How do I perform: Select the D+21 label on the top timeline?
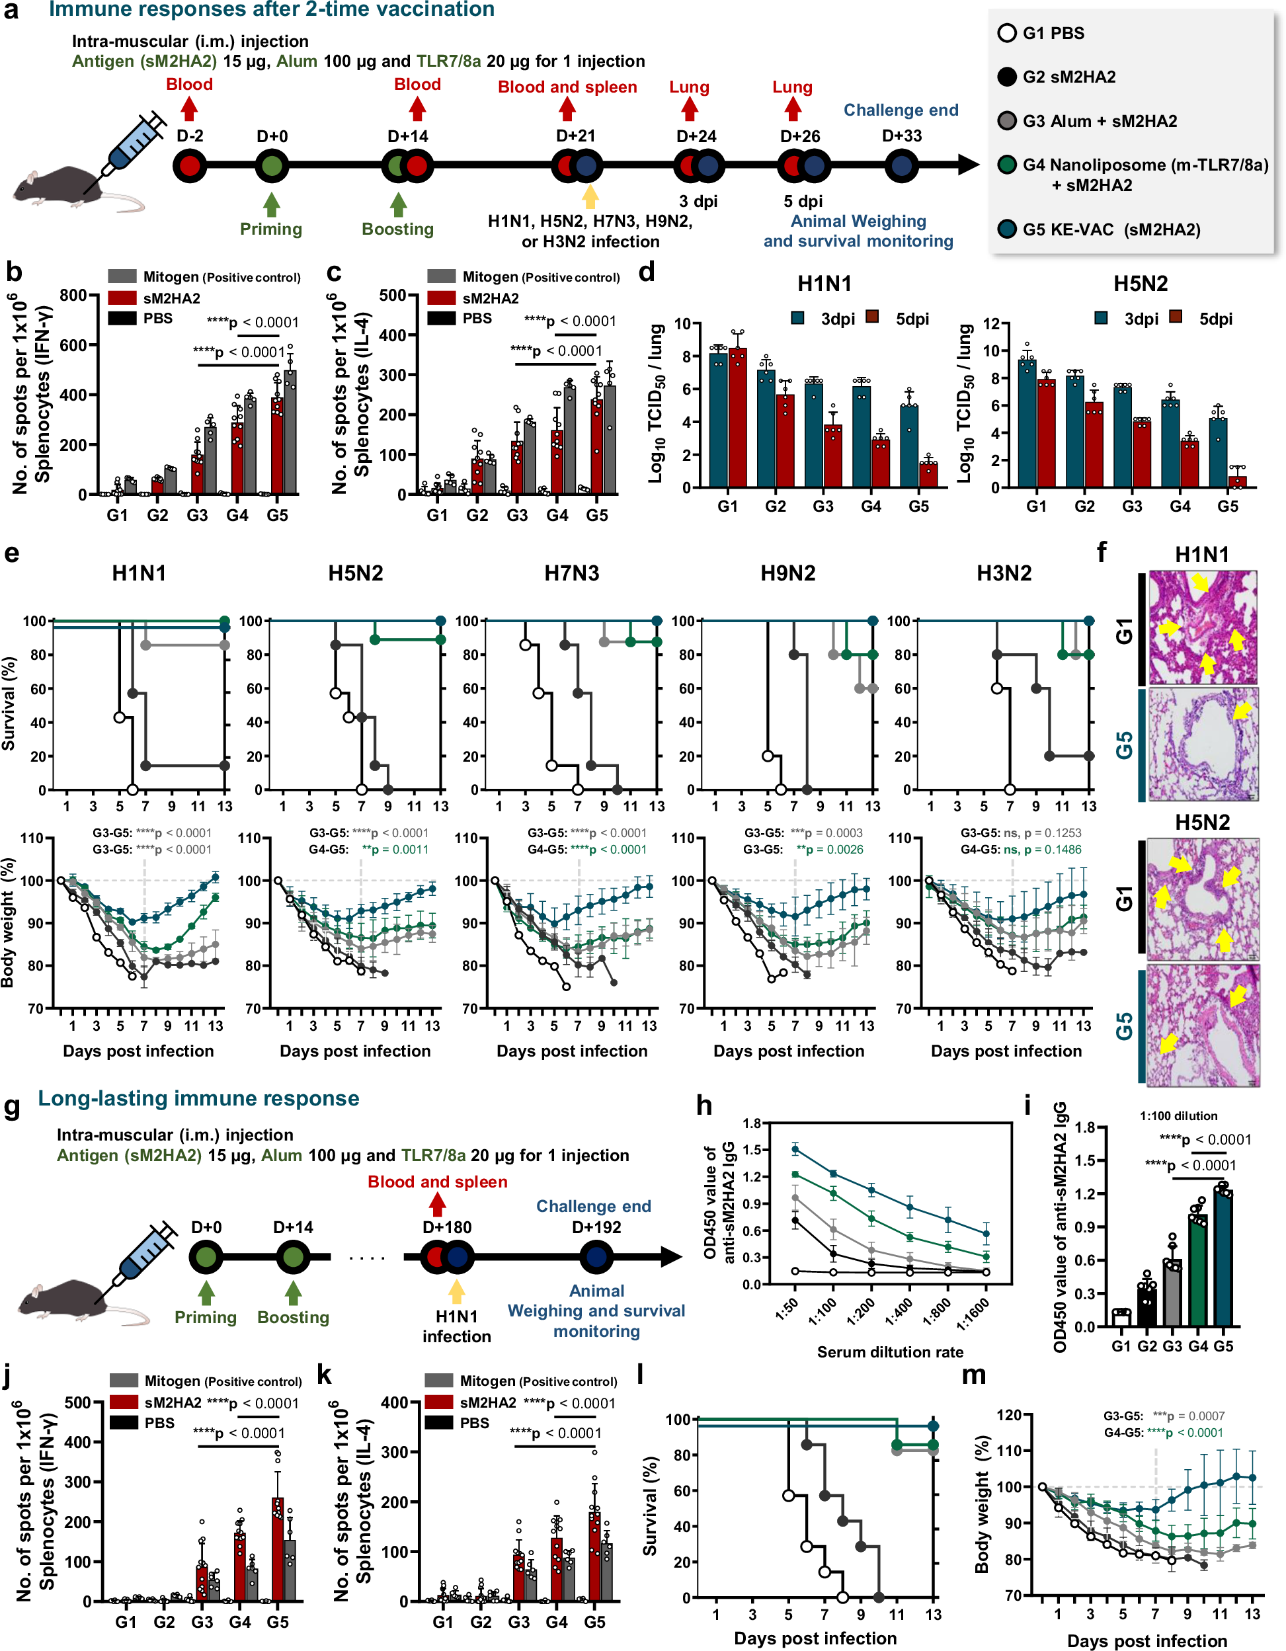coord(575,136)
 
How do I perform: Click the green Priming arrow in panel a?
coord(271,204)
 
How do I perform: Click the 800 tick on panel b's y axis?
coord(73,295)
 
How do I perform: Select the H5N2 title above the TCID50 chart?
coord(1140,284)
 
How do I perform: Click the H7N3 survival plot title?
coord(571,573)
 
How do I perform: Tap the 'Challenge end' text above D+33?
coord(901,110)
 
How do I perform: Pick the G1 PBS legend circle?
coord(1006,33)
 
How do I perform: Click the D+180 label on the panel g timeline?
coord(447,1227)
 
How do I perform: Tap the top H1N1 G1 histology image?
coord(1202,627)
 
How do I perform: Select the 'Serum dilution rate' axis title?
coord(890,1352)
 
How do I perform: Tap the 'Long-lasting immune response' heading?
coord(199,1098)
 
